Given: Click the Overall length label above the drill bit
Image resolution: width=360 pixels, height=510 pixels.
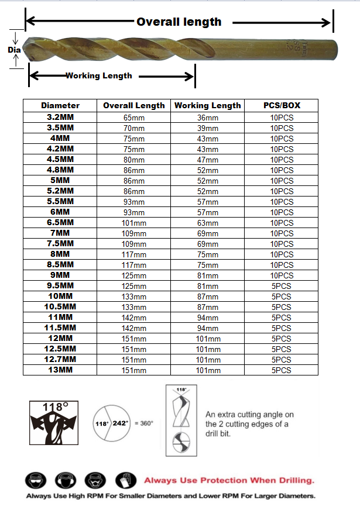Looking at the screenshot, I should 179,22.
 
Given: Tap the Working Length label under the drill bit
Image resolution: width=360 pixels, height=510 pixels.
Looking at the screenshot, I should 98,75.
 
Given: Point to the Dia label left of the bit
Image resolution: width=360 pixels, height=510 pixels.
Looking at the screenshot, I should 14,50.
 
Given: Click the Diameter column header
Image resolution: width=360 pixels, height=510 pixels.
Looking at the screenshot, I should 60,106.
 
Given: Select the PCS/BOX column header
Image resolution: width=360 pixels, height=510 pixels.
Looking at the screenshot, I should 282,106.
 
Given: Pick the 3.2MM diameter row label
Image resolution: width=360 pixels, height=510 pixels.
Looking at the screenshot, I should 60,117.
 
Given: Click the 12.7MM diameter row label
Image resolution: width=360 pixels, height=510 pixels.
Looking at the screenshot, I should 60,359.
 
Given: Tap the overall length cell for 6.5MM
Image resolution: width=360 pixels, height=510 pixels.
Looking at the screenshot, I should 133,223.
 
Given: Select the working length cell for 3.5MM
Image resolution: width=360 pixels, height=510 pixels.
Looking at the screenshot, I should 207,128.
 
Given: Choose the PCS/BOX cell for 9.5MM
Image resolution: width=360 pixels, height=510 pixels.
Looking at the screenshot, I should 282,286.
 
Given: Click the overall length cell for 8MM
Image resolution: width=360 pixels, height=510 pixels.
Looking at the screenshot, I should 133,254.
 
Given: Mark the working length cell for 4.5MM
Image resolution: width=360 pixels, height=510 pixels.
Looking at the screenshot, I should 207,160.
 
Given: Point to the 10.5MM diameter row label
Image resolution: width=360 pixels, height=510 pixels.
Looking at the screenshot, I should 60,306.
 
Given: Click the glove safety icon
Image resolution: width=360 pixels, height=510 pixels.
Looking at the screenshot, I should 124,480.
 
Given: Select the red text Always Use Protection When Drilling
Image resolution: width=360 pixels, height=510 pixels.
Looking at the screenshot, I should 229,480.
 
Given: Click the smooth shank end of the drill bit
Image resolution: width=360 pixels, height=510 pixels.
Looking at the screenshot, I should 316,44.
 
